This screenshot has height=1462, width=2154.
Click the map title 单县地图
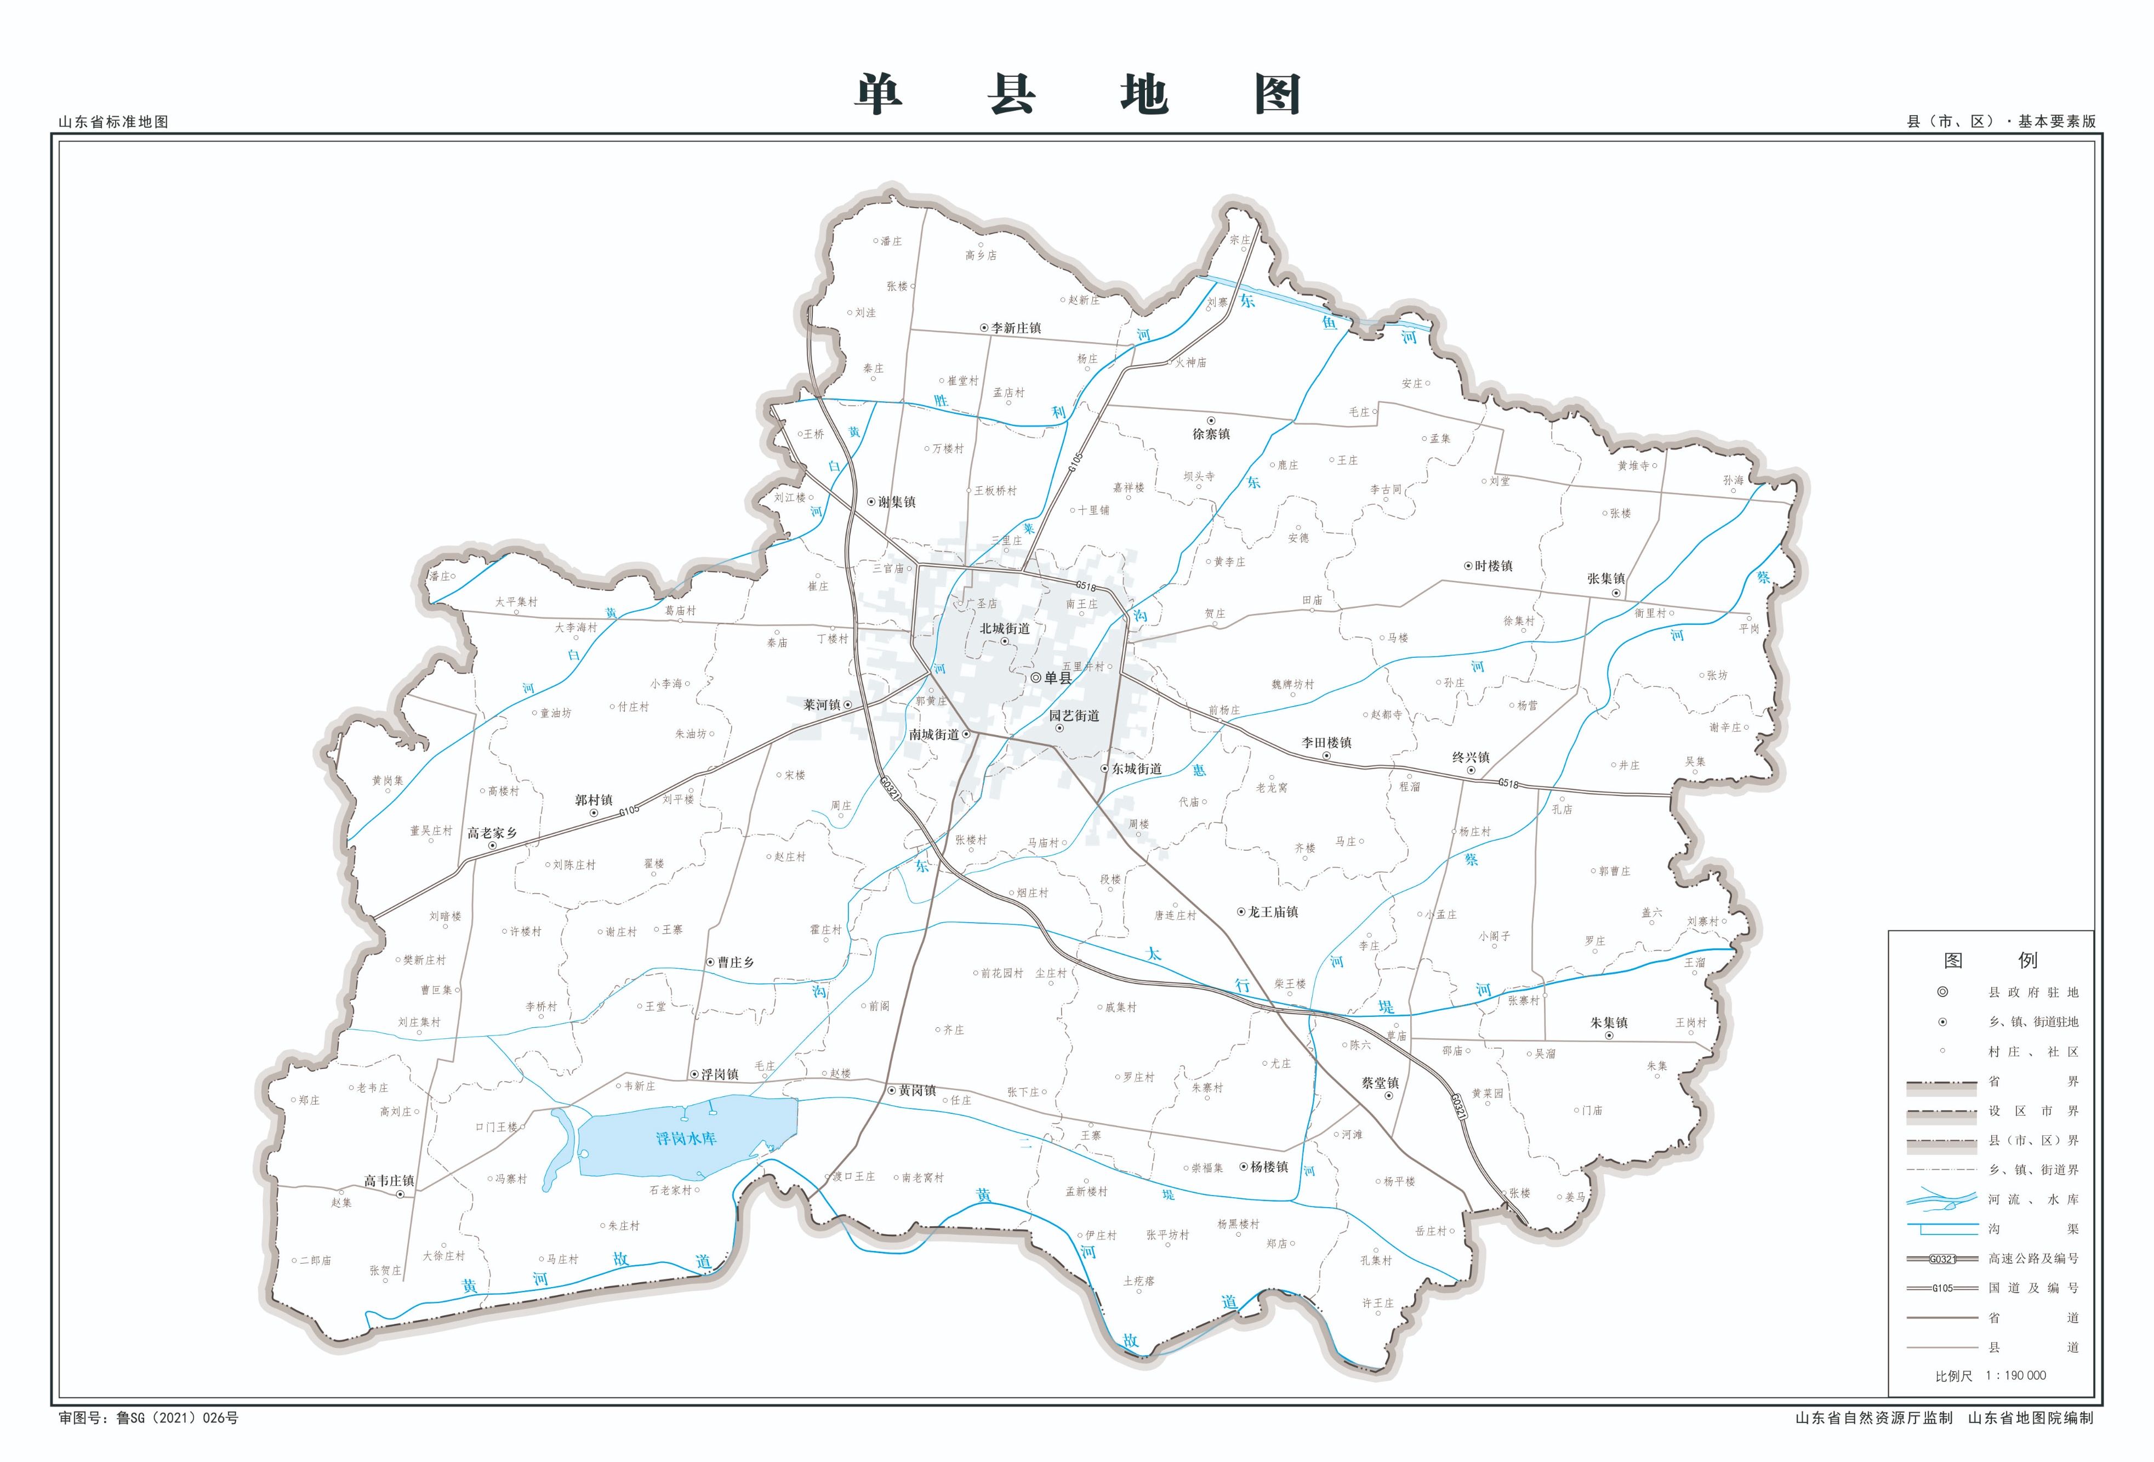coord(1077,95)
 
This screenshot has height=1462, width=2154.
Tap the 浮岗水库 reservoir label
coord(686,1139)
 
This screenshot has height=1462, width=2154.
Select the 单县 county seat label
coord(1057,678)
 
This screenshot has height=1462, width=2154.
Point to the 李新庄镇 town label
coord(1016,328)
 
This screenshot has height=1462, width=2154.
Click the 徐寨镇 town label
coord(1211,434)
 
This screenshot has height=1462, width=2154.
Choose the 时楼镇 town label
coord(1493,566)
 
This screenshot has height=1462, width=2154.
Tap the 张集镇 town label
coord(1605,578)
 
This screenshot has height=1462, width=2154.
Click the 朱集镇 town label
coord(1608,1022)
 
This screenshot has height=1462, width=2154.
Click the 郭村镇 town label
coord(593,800)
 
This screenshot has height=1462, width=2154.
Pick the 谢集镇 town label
coord(896,502)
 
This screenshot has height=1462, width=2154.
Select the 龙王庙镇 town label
coord(1273,912)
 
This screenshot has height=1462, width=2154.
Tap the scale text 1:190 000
coord(2016,1376)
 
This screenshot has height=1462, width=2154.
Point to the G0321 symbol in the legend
coord(1942,1259)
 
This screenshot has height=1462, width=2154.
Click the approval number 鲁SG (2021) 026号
coord(176,1418)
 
